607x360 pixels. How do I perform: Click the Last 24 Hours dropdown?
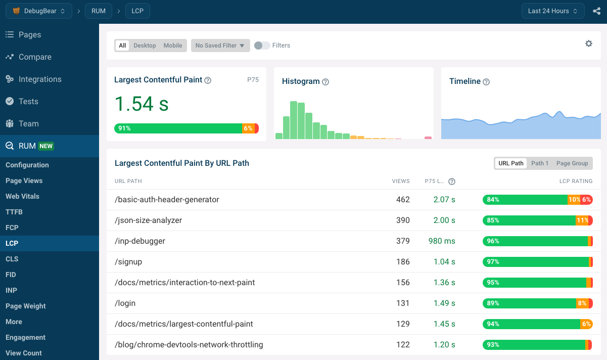pyautogui.click(x=553, y=11)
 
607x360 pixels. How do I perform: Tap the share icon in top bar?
pyautogui.click(x=596, y=11)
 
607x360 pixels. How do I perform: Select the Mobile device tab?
pyautogui.click(x=173, y=46)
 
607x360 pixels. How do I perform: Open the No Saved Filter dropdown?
pyautogui.click(x=220, y=46)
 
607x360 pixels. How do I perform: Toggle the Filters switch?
pyautogui.click(x=262, y=46)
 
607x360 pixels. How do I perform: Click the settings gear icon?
pyautogui.click(x=589, y=43)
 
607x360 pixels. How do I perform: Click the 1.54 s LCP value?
pyautogui.click(x=142, y=104)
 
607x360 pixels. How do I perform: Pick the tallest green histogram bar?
pyautogui.click(x=294, y=120)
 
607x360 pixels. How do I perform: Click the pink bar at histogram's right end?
pyautogui.click(x=428, y=138)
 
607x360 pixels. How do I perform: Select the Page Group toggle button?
pyautogui.click(x=572, y=163)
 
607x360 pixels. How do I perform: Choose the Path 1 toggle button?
pyautogui.click(x=540, y=163)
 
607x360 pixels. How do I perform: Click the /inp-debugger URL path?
pyautogui.click(x=140, y=241)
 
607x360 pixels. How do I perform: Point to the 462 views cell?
pyautogui.click(x=403, y=200)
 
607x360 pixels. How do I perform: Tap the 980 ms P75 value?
pyautogui.click(x=442, y=241)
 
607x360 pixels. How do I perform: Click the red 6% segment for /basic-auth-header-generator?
pyautogui.click(x=587, y=200)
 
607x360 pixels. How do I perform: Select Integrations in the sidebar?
pyautogui.click(x=40, y=79)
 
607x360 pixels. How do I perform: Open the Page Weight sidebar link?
pyautogui.click(x=26, y=306)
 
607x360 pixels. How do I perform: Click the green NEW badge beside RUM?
pyautogui.click(x=46, y=146)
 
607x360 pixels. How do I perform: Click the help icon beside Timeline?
pyautogui.click(x=486, y=82)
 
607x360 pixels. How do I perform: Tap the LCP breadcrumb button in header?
pyautogui.click(x=137, y=11)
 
